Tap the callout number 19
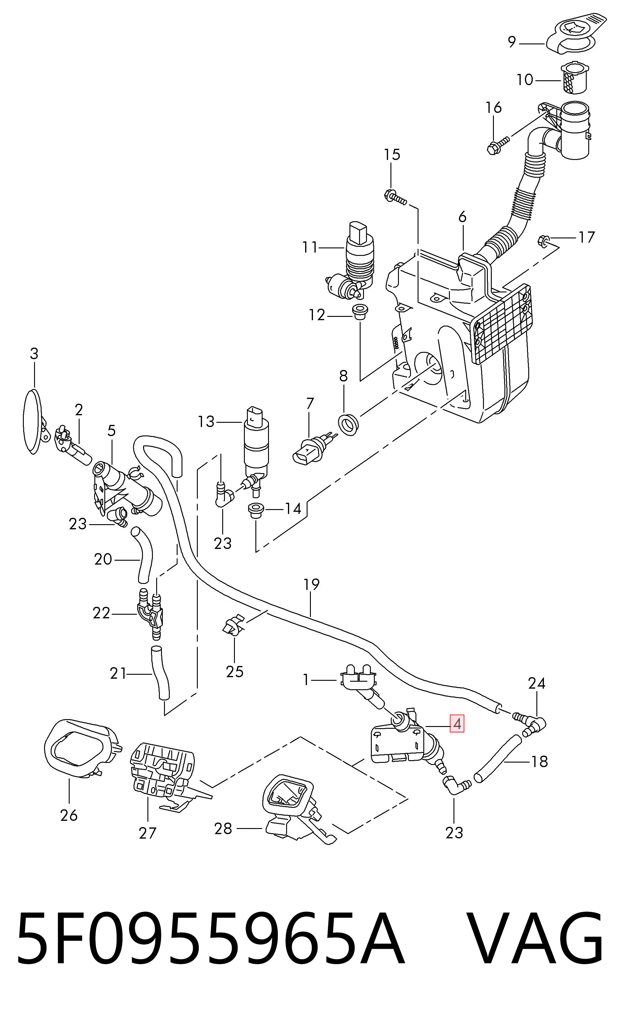[x=311, y=584]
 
